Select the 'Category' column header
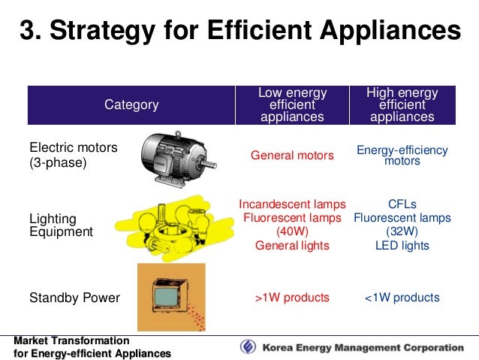click(131, 105)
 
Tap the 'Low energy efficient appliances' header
click(292, 105)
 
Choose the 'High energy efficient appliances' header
click(402, 105)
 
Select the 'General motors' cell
click(292, 156)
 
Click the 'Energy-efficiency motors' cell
click(402, 156)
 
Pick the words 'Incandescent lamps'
click(292, 204)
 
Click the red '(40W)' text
click(292, 231)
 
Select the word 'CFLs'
click(402, 204)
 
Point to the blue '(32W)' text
click(402, 231)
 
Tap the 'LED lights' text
click(402, 246)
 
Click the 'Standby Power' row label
click(74, 298)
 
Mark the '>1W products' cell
click(292, 298)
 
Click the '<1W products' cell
click(402, 298)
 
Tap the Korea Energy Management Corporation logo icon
click(248, 347)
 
